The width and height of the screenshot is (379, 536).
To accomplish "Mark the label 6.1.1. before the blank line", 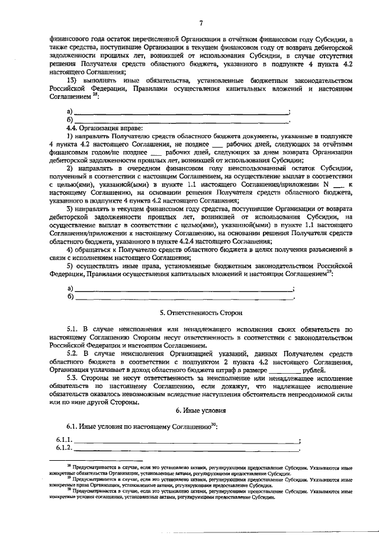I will [x=64, y=440].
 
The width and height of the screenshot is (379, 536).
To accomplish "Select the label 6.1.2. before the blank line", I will [x=64, y=448].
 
